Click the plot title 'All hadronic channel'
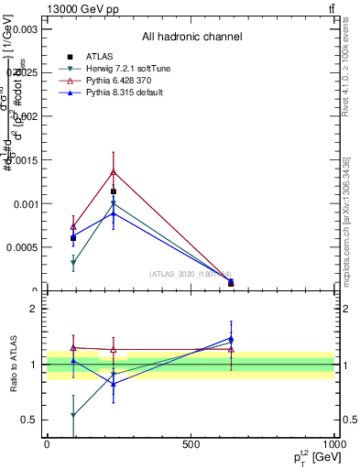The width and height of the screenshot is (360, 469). click(x=191, y=37)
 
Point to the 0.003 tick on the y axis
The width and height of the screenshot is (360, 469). click(x=24, y=29)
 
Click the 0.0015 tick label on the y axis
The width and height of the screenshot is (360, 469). click(x=21, y=160)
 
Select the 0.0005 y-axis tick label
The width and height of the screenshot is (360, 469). click(x=21, y=247)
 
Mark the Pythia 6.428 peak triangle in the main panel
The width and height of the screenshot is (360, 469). click(x=113, y=171)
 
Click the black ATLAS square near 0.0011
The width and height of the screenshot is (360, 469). click(x=113, y=191)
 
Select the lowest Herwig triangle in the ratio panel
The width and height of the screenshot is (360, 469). click(x=73, y=415)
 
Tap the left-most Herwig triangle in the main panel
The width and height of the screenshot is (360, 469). click(x=73, y=263)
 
